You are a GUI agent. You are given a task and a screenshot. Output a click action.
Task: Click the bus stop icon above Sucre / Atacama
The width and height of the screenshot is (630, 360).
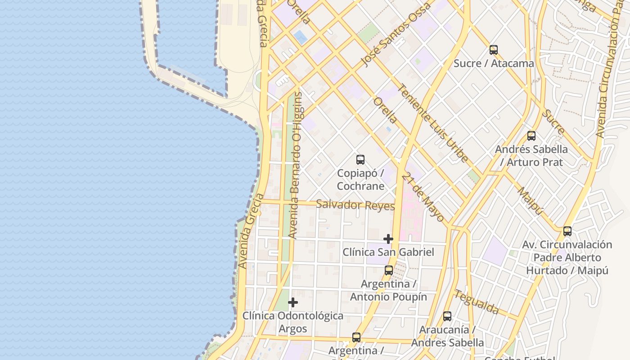494,50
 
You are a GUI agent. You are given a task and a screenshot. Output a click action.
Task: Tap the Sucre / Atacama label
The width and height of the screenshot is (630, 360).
494,63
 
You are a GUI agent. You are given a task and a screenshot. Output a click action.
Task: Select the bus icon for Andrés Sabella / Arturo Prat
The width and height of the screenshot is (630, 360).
531,136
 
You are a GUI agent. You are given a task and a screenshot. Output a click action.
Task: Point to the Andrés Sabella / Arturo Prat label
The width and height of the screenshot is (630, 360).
531,156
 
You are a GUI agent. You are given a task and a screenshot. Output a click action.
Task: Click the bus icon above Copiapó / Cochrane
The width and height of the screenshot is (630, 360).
360,160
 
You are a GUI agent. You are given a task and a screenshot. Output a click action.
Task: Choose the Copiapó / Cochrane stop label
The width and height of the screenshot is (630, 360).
360,180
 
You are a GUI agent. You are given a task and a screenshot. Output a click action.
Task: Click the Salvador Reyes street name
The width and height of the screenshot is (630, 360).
355,205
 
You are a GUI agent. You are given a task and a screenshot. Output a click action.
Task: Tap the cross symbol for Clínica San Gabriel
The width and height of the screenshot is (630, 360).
388,239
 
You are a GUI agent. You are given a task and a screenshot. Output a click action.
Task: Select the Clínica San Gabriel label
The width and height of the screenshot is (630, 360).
388,252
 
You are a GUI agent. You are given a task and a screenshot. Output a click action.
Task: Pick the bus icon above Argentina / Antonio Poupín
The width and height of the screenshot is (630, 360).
389,270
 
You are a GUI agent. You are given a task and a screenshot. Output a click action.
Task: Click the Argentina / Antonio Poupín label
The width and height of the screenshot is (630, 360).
389,290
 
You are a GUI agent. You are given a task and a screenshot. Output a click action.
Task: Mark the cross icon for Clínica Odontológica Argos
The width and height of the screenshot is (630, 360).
293,302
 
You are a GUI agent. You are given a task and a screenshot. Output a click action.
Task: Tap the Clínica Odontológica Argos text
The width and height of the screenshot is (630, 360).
293,322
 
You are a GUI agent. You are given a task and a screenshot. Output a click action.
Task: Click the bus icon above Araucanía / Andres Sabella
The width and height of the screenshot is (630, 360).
447,316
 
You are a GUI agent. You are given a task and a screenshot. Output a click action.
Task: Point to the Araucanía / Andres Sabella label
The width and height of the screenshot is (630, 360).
447,336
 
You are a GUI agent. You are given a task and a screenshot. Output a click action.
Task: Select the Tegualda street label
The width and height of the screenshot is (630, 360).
477,302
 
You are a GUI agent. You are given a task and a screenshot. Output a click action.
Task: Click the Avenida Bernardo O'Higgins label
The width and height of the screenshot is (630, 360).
296,165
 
